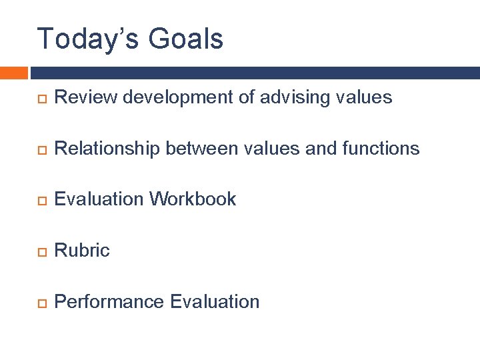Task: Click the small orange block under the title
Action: pos(13,73)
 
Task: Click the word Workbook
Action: pos(193,199)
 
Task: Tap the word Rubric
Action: pos(82,250)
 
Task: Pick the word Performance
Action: pos(109,301)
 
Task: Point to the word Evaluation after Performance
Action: pos(215,301)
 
